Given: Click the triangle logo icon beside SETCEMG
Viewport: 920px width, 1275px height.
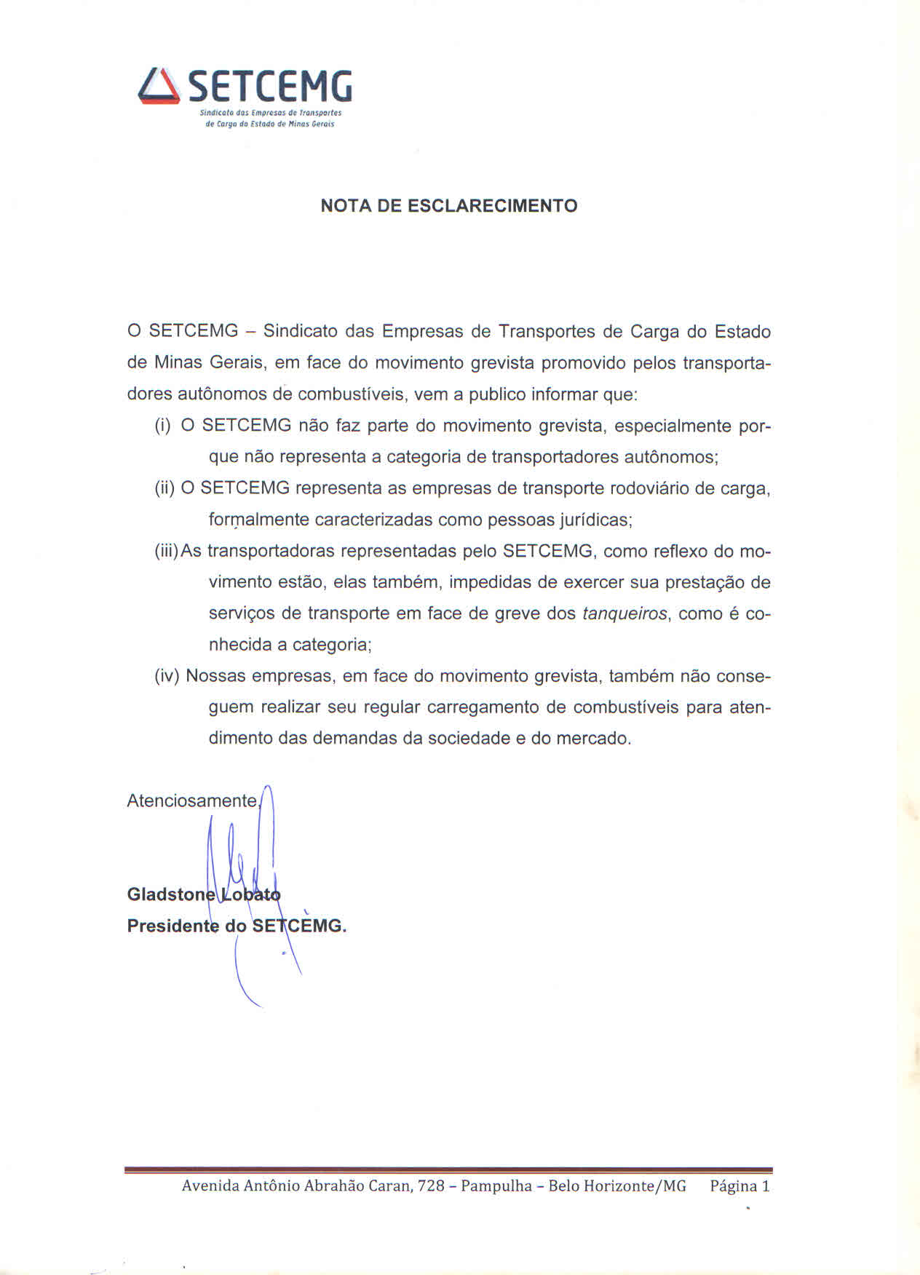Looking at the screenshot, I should click(x=159, y=87).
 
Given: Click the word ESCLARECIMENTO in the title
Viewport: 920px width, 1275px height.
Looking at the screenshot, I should click(x=492, y=206).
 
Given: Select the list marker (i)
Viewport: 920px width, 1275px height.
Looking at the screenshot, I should click(x=162, y=426).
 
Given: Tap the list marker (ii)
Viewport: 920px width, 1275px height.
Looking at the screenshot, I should click(x=164, y=488).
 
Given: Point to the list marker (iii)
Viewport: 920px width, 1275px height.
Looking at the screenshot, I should click(x=167, y=551).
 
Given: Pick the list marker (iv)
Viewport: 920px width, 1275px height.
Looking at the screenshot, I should click(x=167, y=676).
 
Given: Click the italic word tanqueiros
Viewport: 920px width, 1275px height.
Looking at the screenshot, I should click(x=624, y=613).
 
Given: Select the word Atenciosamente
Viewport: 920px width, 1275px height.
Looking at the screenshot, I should click(x=192, y=801).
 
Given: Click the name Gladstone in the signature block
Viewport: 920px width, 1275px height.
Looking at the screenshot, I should click(x=171, y=894).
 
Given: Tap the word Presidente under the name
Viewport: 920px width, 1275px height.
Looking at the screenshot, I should click(x=172, y=926).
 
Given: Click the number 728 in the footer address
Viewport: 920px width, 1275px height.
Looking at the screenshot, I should click(x=431, y=1185).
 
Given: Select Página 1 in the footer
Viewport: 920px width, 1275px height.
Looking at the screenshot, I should click(x=739, y=1185).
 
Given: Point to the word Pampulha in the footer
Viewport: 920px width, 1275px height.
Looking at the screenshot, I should click(x=496, y=1185).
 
